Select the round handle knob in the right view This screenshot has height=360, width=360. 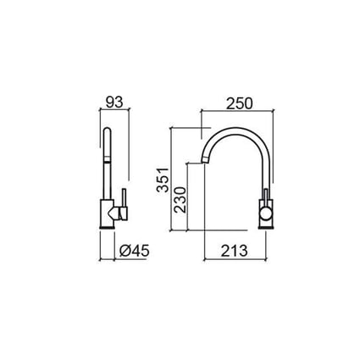tap(267, 218)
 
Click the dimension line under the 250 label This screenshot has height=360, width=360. tap(240, 111)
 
